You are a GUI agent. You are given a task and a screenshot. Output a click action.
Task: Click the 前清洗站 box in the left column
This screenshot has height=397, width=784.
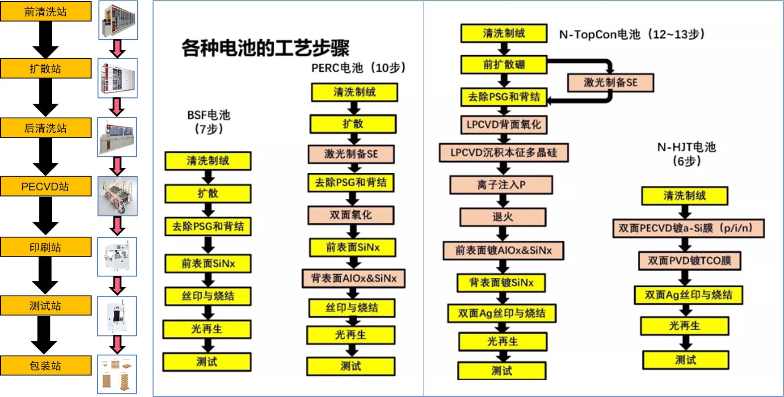click(x=45, y=11)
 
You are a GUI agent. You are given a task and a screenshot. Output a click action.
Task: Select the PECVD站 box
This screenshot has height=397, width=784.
click(x=45, y=186)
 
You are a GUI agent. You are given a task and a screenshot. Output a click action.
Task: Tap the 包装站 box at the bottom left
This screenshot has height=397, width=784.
click(x=45, y=365)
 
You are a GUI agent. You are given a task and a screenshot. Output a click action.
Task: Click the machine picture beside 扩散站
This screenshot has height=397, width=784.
click(x=118, y=78)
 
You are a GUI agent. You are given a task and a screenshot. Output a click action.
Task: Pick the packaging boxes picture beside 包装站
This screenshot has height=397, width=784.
click(x=117, y=374)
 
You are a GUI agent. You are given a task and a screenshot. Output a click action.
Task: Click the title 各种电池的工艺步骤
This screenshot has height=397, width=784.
click(x=265, y=48)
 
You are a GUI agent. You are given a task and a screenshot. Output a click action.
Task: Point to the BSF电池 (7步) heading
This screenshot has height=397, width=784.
click(x=209, y=122)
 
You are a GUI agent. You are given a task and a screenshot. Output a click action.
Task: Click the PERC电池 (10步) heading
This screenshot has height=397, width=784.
click(x=358, y=68)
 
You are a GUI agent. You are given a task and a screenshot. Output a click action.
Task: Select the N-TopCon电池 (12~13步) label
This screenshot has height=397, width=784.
click(x=632, y=34)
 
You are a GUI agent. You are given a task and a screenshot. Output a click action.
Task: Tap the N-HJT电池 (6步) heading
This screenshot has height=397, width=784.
click(x=687, y=154)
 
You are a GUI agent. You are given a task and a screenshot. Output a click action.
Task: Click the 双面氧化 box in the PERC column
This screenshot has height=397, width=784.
click(x=351, y=215)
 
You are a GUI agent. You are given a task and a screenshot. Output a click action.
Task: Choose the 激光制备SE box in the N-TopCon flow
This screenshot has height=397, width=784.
click(x=610, y=83)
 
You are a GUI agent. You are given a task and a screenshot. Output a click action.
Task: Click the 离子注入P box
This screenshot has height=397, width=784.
click(x=501, y=185)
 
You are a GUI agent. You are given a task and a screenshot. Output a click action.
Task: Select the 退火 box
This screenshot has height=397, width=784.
click(x=503, y=217)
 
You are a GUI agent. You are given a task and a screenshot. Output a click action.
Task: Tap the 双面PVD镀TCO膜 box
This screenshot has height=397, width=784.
click(x=690, y=260)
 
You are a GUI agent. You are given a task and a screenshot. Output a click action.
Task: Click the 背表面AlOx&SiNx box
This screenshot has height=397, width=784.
click(x=353, y=278)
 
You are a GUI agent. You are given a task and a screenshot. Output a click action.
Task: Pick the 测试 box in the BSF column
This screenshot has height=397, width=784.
click(x=207, y=362)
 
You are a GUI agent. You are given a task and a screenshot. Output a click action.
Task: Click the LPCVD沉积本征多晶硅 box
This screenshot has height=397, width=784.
click(x=504, y=152)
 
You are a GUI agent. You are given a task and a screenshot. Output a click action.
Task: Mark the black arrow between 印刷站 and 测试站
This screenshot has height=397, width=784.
click(x=45, y=275)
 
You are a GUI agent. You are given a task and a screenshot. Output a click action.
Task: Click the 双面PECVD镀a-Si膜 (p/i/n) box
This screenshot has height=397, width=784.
click(x=688, y=228)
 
